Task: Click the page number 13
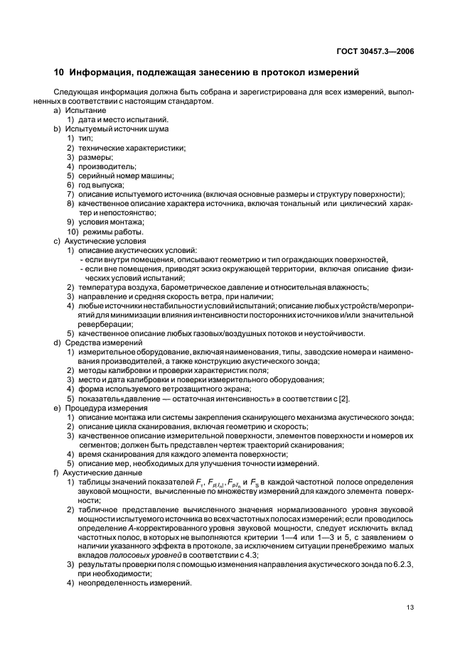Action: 410,607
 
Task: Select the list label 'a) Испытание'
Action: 80,111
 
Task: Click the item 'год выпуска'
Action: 100,185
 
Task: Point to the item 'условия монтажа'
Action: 110,221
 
